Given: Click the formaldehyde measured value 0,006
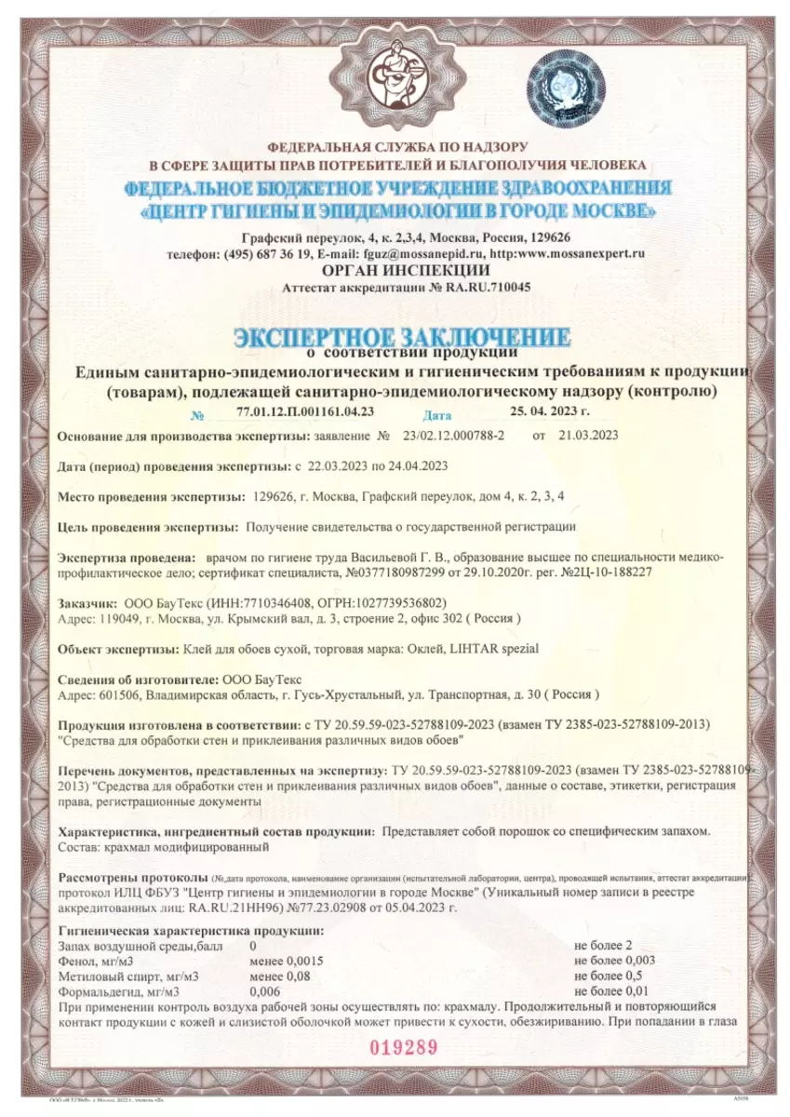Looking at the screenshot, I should click(265, 991).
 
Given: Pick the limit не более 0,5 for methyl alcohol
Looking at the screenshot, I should click(605, 976).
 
